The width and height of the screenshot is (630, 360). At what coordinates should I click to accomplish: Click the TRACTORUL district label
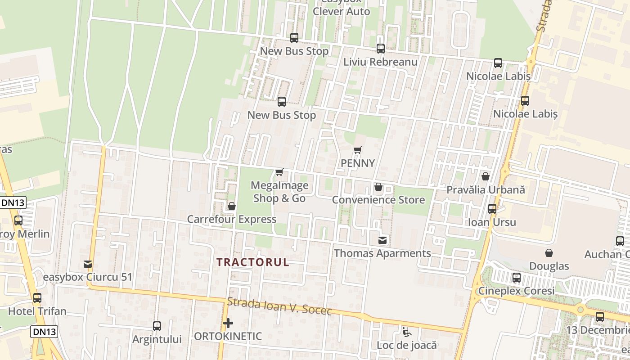tap(253, 262)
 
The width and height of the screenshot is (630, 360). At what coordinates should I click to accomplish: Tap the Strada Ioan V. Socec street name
tap(279, 307)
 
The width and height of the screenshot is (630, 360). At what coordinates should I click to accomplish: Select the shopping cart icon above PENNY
tap(357, 150)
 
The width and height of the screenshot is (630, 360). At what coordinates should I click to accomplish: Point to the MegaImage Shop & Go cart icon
tap(279, 172)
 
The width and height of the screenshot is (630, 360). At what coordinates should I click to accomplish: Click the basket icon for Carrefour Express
tap(232, 207)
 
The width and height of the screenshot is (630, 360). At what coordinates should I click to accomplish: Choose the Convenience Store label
tap(378, 200)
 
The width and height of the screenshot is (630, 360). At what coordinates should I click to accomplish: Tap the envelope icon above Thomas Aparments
tap(382, 240)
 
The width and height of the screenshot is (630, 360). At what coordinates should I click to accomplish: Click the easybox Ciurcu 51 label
tap(88, 277)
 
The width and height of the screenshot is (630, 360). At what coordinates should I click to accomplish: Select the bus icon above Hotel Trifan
tap(37, 298)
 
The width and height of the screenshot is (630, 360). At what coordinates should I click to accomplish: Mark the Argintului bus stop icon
tap(157, 326)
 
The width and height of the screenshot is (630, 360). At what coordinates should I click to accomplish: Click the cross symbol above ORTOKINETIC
tap(228, 323)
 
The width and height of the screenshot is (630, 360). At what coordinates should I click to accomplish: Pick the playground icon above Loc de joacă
tap(407, 333)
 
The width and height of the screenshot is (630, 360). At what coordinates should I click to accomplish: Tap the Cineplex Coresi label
tap(516, 291)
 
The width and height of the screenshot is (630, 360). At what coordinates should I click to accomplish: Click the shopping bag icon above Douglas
tap(549, 253)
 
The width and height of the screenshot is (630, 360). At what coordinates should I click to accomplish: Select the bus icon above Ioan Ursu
tap(492, 209)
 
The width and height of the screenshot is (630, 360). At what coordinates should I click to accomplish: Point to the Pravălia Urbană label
tap(486, 190)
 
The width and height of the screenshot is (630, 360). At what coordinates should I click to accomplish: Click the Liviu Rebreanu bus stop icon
tap(381, 49)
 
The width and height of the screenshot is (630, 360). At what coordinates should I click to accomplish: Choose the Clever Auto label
tap(341, 12)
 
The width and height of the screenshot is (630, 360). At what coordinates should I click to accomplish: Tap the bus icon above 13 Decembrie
tap(600, 317)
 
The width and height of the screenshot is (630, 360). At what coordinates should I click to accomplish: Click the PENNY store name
tap(358, 163)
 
